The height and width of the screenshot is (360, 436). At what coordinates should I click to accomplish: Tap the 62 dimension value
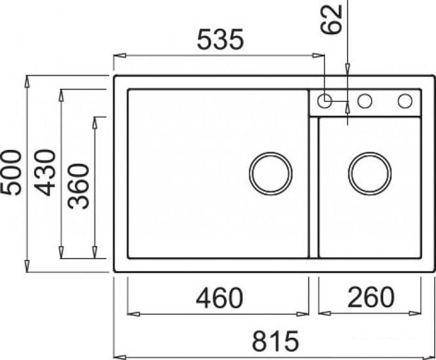(x=333, y=21)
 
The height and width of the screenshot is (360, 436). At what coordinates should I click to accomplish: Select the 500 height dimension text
(x=11, y=172)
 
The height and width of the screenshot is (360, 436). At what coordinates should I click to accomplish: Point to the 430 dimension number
(x=45, y=172)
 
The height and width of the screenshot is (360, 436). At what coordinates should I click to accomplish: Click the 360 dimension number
(x=79, y=186)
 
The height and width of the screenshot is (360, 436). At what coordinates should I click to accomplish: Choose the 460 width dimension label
(x=219, y=298)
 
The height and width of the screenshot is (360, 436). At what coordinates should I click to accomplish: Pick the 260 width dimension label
(x=370, y=298)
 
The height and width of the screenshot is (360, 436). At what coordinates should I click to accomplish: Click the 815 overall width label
(x=275, y=341)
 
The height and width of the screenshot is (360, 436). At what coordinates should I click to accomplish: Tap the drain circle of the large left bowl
(x=270, y=173)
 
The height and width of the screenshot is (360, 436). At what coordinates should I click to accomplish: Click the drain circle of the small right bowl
(x=370, y=173)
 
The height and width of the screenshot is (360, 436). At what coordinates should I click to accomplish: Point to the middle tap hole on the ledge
(x=365, y=101)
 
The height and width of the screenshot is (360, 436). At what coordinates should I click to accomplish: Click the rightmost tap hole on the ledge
(x=405, y=101)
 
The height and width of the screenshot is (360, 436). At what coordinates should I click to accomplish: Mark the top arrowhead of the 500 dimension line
(x=27, y=81)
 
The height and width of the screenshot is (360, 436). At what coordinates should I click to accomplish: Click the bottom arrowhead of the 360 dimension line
(x=96, y=254)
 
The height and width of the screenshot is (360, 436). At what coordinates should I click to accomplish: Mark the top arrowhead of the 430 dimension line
(x=62, y=94)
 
